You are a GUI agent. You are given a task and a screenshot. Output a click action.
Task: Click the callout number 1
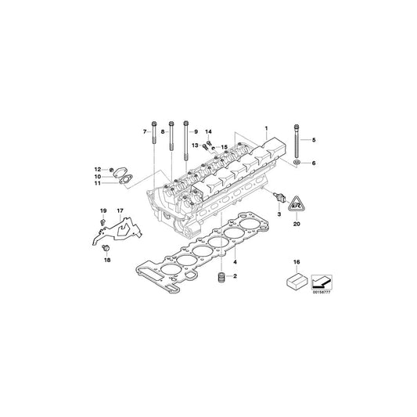pyautogui.click(x=266, y=127)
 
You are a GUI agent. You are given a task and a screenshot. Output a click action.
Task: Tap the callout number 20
pyautogui.click(x=297, y=224)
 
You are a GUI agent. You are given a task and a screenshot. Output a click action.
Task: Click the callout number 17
pyautogui.click(x=120, y=212)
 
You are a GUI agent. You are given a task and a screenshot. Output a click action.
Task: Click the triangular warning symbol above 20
pyautogui.click(x=297, y=205)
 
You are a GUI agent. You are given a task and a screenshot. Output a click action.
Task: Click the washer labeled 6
pyautogui.click(x=298, y=162)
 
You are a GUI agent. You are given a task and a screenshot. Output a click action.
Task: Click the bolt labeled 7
pyautogui.click(x=154, y=145)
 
